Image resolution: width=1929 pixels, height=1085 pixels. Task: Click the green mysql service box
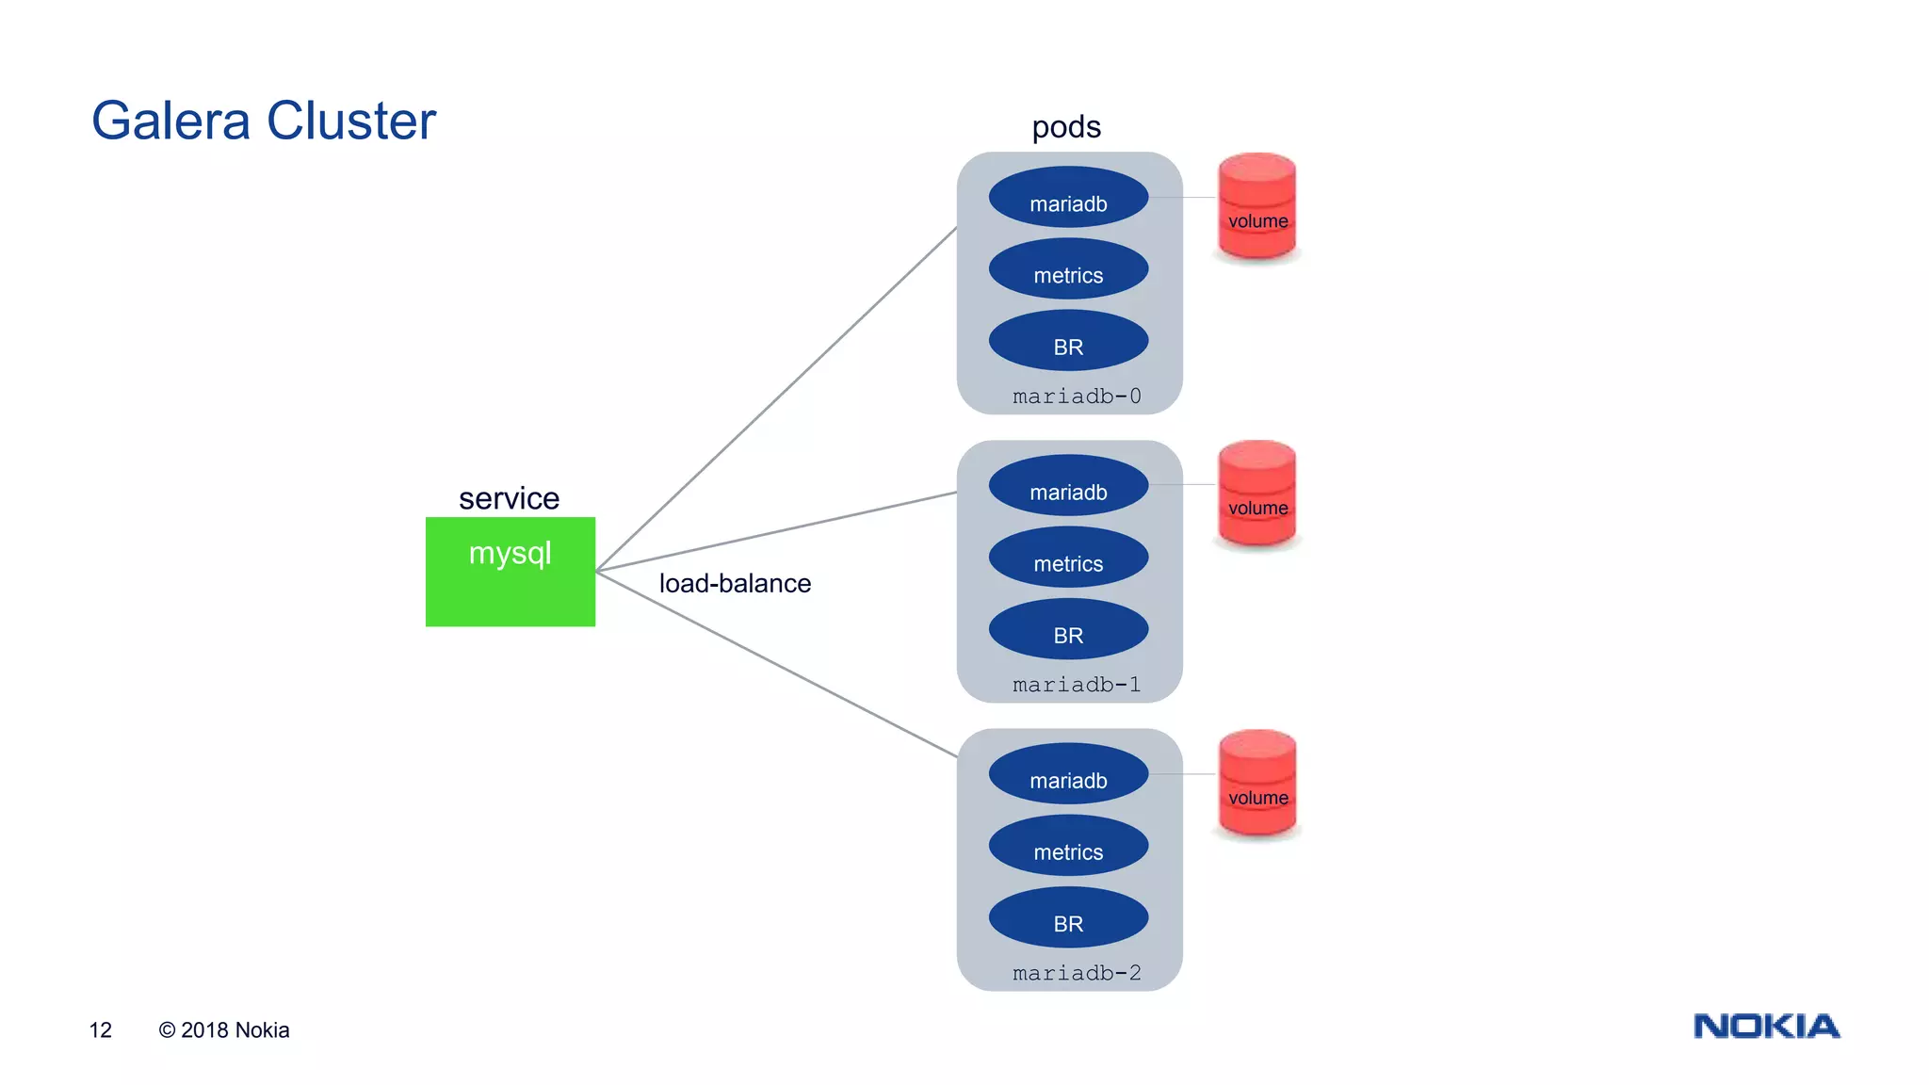click(x=510, y=572)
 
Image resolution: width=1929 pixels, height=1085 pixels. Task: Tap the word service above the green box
click(x=509, y=498)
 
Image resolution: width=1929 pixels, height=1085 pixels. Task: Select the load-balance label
click(x=735, y=583)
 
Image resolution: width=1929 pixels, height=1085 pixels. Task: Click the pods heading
click(x=1066, y=126)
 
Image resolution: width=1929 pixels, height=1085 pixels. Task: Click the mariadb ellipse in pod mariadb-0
click(x=1068, y=198)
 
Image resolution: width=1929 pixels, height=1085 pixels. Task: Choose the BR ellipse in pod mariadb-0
click(x=1068, y=341)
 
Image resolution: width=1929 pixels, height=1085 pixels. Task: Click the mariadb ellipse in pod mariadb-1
click(x=1068, y=486)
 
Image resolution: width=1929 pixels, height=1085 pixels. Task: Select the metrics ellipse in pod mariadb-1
click(x=1068, y=558)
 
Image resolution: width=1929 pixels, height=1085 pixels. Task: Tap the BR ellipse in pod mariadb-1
click(x=1068, y=629)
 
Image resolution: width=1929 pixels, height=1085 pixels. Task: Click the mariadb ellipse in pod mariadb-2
click(x=1068, y=774)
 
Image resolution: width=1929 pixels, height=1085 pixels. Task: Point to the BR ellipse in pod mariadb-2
click(x=1068, y=917)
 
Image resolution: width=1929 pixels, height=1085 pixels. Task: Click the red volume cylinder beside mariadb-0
click(x=1256, y=206)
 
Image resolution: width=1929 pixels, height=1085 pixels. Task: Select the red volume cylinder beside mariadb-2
click(x=1257, y=783)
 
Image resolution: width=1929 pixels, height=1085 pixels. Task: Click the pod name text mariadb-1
click(x=1077, y=685)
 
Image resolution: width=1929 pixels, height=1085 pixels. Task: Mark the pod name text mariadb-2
click(x=1077, y=973)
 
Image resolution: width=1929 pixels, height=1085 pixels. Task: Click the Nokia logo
click(x=1766, y=1026)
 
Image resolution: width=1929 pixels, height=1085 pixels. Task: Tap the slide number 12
click(x=100, y=1029)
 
